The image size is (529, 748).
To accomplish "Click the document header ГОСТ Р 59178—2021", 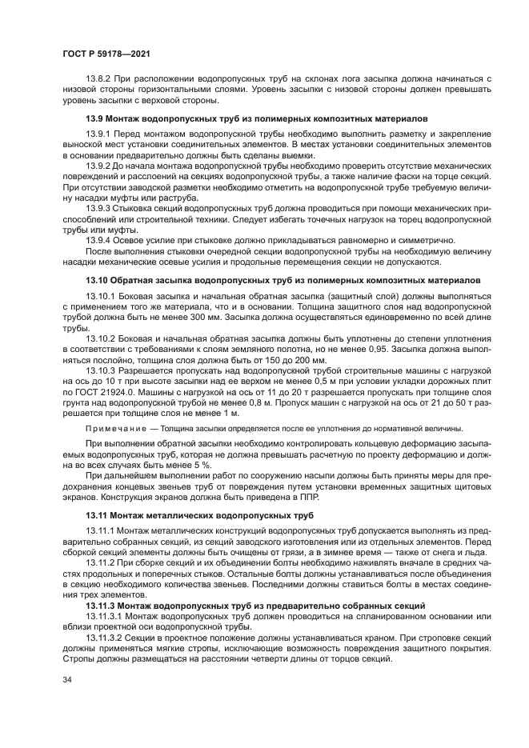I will coord(106,53).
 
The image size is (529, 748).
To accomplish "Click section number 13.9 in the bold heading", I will coord(95,119).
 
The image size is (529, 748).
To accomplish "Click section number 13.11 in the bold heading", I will coord(97,515).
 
